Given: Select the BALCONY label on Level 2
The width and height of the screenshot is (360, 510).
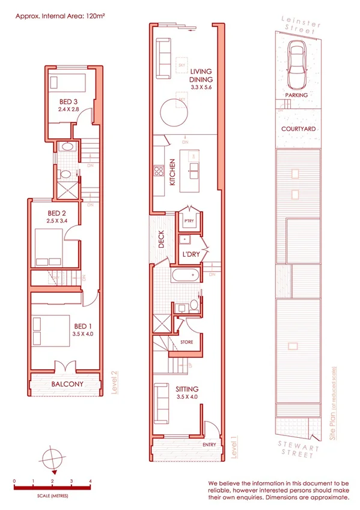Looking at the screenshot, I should click(67, 384).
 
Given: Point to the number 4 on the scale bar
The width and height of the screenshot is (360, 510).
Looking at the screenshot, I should click(90, 481).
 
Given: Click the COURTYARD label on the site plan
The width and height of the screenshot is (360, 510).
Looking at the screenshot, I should click(298, 129).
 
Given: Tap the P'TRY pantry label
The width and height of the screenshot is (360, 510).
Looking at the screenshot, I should click(189, 221).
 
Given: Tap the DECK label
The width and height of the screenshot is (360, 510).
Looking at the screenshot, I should click(161, 240).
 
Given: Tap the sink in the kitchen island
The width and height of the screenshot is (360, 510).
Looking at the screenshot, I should click(195, 167).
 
